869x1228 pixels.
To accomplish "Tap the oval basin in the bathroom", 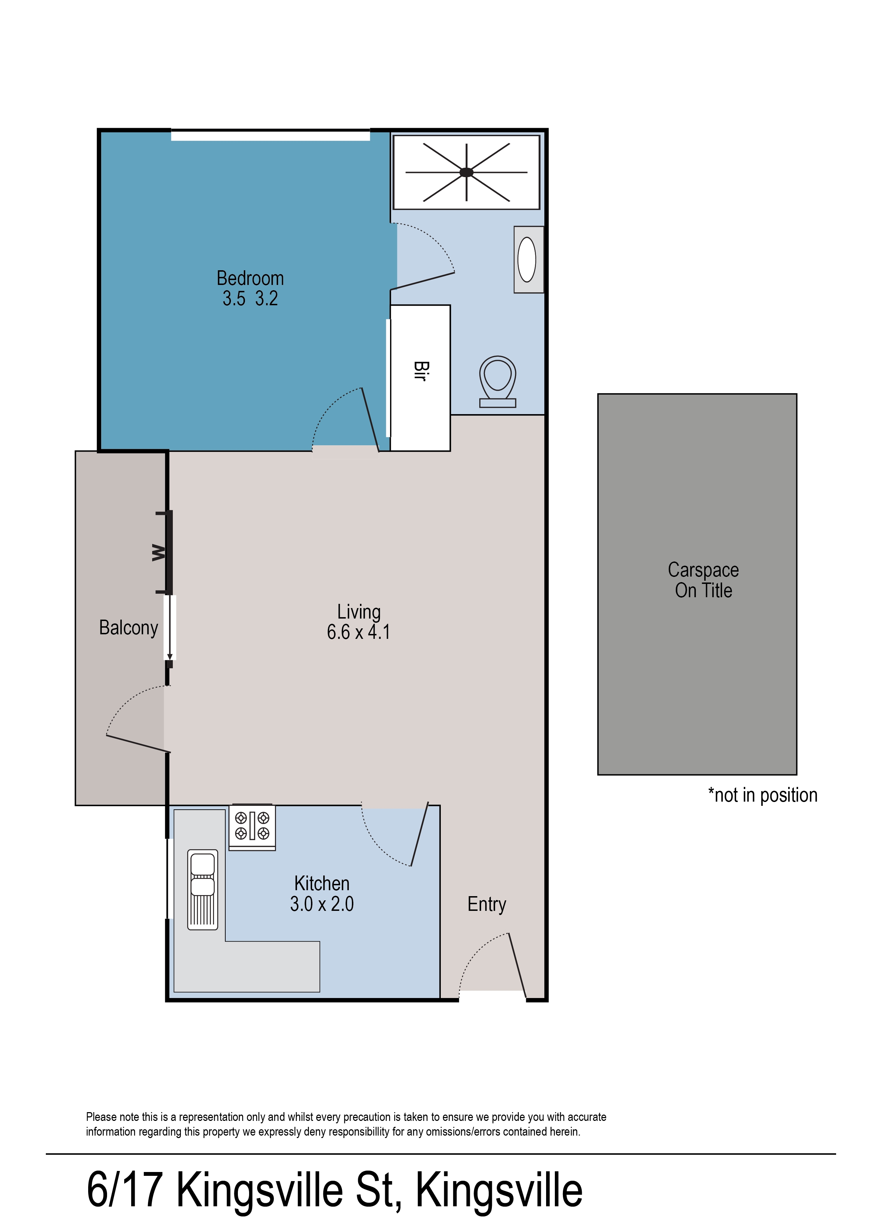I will (527, 260).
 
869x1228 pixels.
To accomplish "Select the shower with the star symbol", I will (466, 172).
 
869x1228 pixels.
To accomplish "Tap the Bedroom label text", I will (250, 278).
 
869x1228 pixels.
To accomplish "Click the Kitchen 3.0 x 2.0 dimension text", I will (322, 904).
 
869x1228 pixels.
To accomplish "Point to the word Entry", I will (486, 904).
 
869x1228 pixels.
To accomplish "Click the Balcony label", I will (128, 627).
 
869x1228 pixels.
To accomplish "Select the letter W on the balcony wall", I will (158, 552).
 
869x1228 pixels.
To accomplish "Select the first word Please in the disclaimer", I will (101, 1117).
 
